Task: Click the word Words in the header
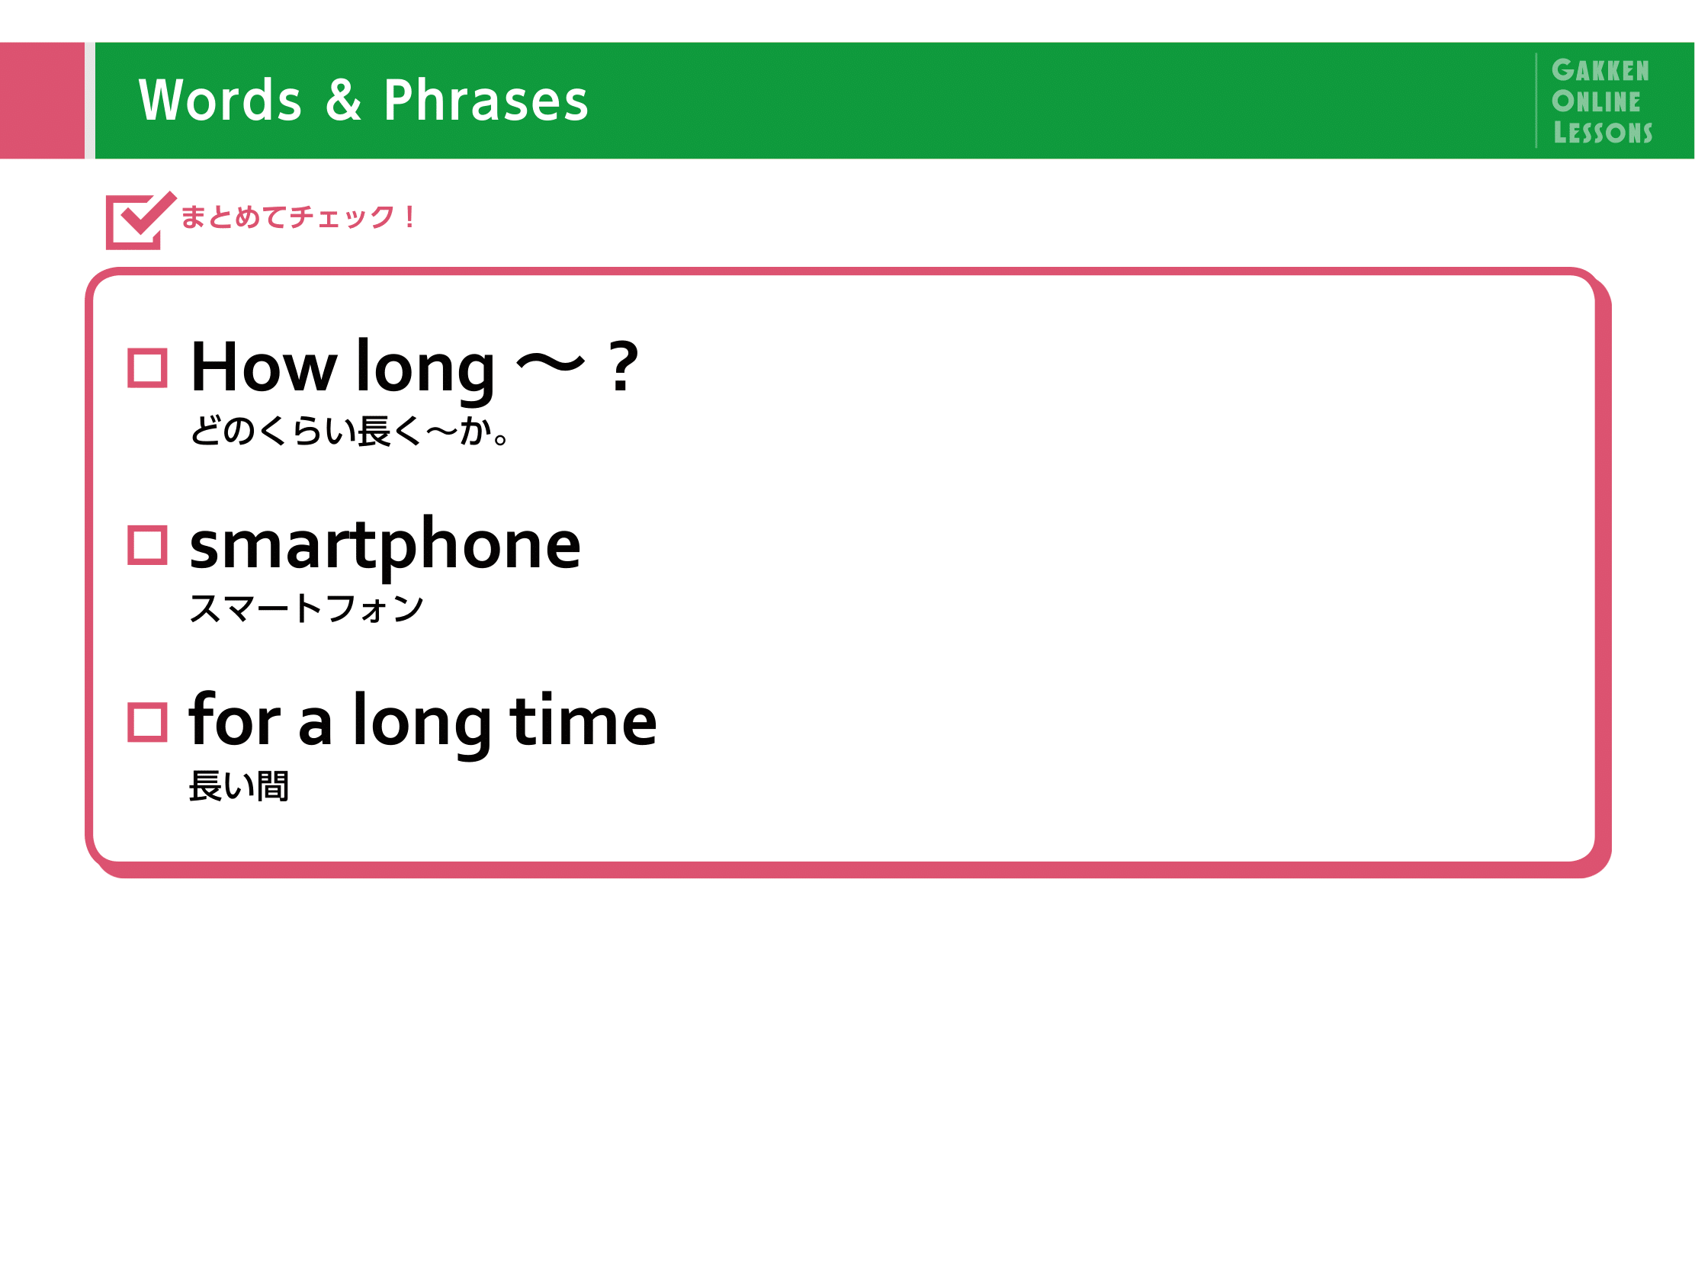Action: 220,101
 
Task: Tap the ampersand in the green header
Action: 343,100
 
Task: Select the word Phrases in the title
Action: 486,101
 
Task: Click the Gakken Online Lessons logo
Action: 1601,101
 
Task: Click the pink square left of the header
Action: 42,101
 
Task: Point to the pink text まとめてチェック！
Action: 299,217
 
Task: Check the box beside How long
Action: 147,368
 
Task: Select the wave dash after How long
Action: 551,363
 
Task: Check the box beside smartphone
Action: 147,545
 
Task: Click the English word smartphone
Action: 386,545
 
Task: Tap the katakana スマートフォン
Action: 307,608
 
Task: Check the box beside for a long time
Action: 147,723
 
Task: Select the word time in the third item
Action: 583,720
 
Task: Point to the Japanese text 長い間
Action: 239,786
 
